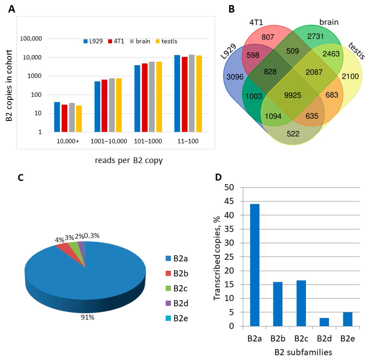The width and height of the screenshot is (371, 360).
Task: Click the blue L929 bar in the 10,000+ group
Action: point(57,117)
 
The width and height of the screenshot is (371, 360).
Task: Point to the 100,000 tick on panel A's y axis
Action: point(31,39)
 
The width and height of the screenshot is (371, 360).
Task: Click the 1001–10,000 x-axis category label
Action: point(109,141)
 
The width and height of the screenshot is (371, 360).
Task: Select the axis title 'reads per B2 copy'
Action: point(129,161)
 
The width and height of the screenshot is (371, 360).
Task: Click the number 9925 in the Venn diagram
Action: point(292,95)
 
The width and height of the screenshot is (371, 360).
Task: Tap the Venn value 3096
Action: point(235,77)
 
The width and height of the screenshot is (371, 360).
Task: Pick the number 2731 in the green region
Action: point(315,36)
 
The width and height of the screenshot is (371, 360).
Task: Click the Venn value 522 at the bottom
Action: point(293,134)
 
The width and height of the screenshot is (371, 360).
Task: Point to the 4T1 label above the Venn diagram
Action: point(256,23)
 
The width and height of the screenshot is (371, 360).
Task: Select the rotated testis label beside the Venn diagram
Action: point(356,51)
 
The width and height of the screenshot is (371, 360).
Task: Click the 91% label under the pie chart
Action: point(87,317)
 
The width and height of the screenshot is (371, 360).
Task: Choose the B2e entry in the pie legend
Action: point(177,318)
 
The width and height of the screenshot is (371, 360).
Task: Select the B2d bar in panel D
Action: point(324,322)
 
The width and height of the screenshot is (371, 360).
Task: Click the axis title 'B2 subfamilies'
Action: point(303,352)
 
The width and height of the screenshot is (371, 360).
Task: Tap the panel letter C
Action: point(21,178)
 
